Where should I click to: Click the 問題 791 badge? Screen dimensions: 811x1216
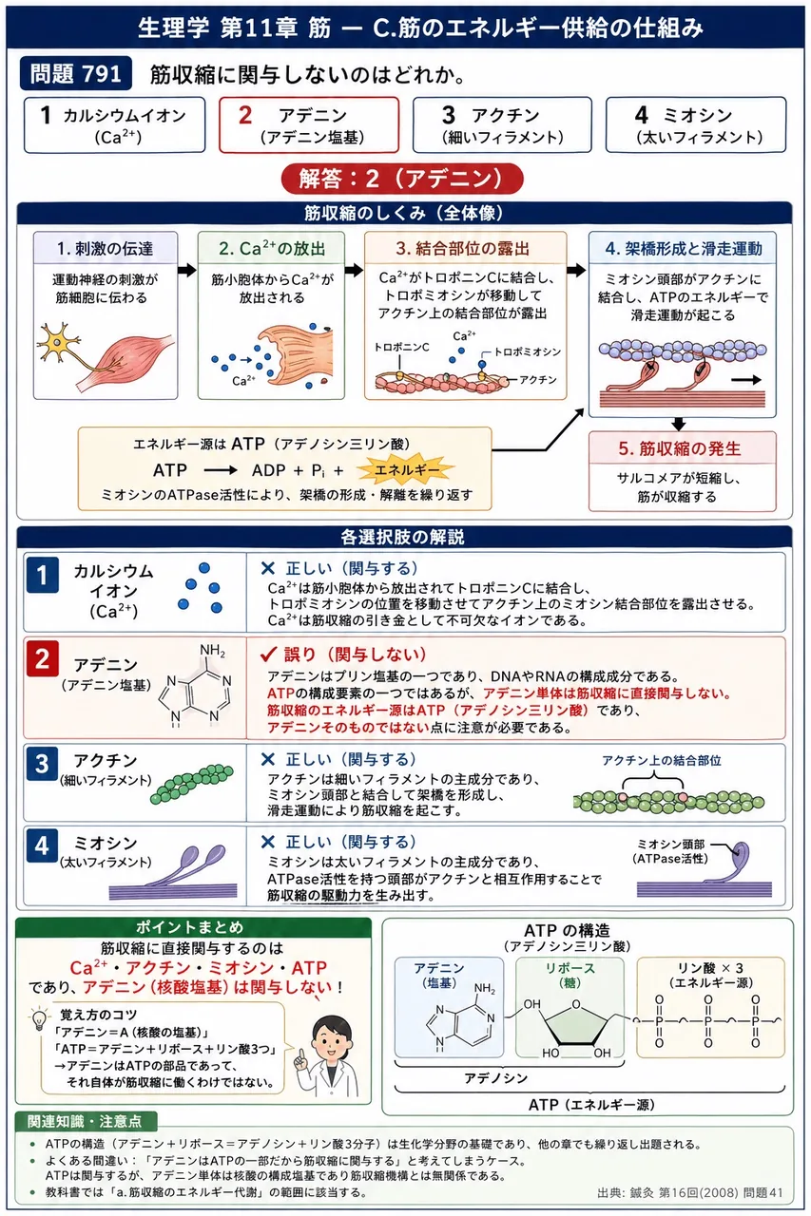(75, 73)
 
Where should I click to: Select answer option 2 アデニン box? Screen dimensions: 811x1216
(309, 124)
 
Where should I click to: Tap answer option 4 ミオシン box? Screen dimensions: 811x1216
(696, 124)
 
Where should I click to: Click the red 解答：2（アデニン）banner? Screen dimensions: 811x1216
(402, 179)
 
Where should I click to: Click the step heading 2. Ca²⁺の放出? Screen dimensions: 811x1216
(272, 249)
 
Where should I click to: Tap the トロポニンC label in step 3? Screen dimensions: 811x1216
(401, 347)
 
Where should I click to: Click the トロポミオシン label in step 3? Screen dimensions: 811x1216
(527, 351)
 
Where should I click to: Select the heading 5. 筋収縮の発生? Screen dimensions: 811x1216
(680, 448)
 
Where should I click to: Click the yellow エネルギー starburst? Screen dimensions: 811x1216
(406, 469)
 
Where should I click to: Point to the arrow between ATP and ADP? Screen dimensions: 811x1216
(221, 470)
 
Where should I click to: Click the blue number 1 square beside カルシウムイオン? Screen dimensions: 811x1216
(42, 575)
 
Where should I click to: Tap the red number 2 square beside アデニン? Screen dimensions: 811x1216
(43, 659)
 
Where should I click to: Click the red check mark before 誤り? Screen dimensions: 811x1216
(268, 655)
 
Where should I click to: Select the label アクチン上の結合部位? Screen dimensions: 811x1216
(661, 761)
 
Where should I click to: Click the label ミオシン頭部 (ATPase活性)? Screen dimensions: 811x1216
(671, 851)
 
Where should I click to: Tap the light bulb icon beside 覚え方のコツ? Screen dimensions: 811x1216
(39, 1019)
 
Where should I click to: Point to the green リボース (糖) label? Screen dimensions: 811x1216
(570, 975)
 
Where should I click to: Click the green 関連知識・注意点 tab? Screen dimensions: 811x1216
(85, 1120)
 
